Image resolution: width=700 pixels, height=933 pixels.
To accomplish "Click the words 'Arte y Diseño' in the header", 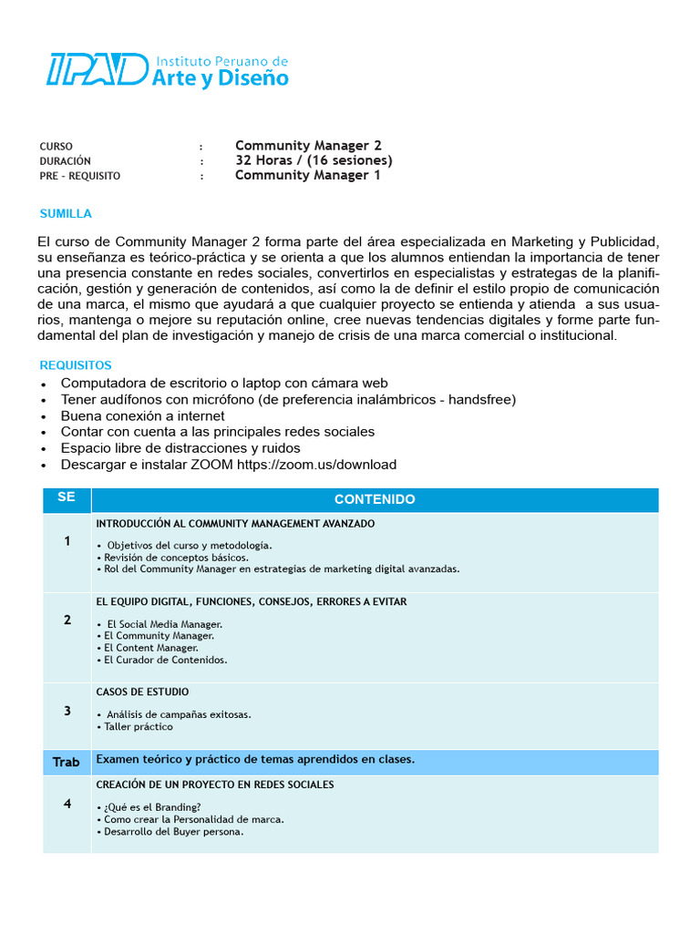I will [221, 78].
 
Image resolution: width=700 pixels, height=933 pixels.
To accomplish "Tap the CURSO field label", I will [56, 147].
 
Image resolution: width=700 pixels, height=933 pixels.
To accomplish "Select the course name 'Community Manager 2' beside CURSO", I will [308, 146].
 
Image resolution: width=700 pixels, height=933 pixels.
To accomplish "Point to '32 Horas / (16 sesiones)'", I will [314, 160].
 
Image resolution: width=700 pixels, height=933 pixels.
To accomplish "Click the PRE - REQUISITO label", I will [79, 176].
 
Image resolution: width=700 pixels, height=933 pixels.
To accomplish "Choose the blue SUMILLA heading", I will [66, 213].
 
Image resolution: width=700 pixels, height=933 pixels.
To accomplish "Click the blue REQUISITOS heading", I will [75, 365].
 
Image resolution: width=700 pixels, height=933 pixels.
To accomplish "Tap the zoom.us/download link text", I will [316, 465].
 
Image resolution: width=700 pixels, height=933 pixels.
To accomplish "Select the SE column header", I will [67, 497].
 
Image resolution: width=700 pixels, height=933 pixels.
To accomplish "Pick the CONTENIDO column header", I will [375, 499].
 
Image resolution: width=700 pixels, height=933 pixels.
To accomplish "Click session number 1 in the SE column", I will [67, 541].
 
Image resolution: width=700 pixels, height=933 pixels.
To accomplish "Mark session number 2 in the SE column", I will [67, 620].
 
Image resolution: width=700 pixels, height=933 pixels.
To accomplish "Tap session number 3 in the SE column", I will [67, 711].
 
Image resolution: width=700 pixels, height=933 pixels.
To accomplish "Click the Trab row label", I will [67, 762].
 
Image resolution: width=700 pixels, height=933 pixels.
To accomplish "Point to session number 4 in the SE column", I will [67, 803].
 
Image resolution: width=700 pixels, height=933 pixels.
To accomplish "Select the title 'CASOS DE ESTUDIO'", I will [142, 692].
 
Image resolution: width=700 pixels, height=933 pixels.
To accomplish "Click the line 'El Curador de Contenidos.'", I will [165, 660].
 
